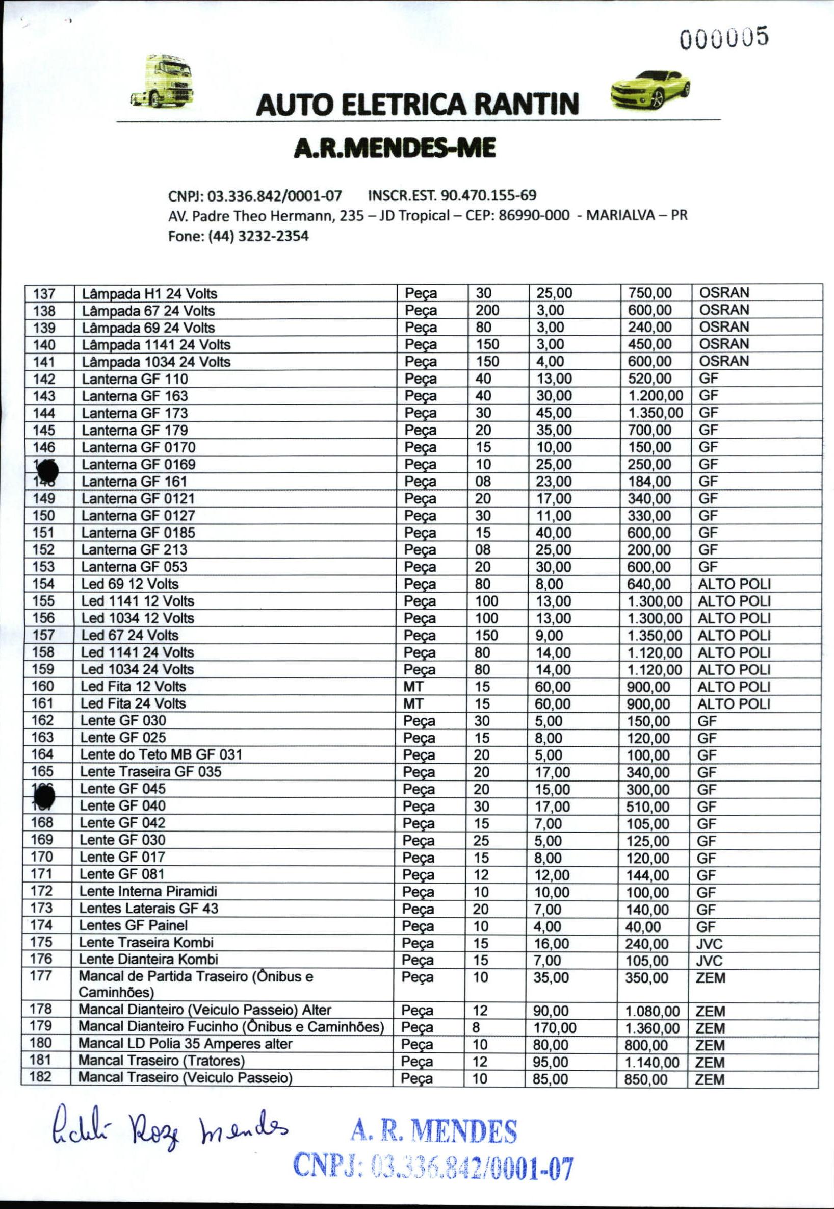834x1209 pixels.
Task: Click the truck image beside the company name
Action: (x=163, y=81)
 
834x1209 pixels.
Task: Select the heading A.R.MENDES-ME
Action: (x=395, y=148)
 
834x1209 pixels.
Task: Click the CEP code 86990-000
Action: (x=534, y=215)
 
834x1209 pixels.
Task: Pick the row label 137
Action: (x=44, y=293)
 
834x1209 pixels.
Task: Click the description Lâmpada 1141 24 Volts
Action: (x=155, y=345)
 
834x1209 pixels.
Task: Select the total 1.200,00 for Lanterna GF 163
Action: (x=655, y=396)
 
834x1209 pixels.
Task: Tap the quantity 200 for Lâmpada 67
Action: (x=487, y=310)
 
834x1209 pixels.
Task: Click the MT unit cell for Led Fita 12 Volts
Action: (x=413, y=686)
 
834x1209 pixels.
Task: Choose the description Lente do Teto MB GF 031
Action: (x=161, y=754)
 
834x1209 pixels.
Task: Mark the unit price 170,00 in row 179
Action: (x=555, y=1028)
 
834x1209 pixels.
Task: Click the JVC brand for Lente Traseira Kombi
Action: (x=710, y=944)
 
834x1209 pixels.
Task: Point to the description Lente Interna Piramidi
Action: (x=148, y=892)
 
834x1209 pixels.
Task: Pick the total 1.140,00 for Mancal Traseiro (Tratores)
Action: (x=652, y=1062)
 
